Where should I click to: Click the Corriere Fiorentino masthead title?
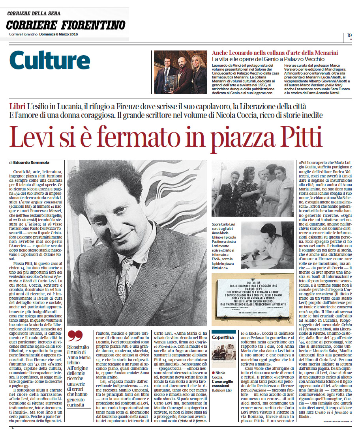[65, 25]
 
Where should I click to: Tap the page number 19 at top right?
[349, 35]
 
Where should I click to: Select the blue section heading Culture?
[50, 61]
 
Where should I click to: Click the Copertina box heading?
[223, 338]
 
